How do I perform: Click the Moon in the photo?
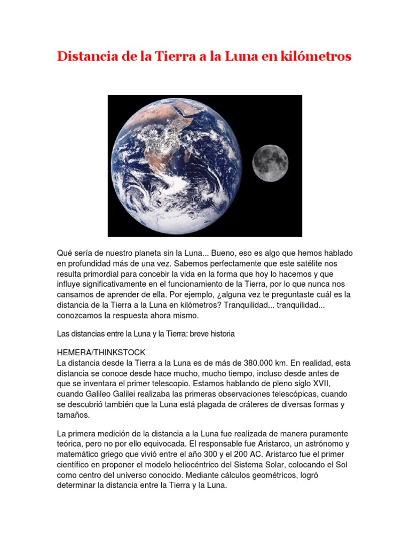click(x=270, y=163)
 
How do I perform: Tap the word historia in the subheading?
click(x=219, y=334)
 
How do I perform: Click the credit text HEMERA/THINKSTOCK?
click(x=101, y=353)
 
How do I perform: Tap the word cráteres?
click(x=251, y=404)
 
